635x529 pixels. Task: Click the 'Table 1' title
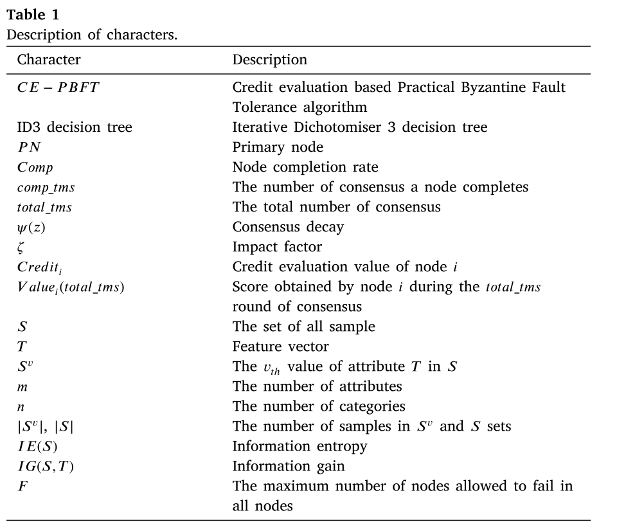(33, 15)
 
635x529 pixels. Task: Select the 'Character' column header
(49, 60)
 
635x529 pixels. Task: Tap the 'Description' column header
(270, 60)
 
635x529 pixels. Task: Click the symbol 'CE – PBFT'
(58, 87)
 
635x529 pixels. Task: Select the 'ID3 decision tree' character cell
(75, 127)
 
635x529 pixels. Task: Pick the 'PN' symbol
(29, 147)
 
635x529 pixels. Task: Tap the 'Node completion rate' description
(305, 167)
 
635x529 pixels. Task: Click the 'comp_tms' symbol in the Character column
(46, 188)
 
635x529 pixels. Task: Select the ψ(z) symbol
(31, 228)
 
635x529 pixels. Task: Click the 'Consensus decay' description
(288, 227)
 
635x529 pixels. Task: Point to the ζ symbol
(21, 247)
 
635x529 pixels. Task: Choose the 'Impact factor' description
(277, 247)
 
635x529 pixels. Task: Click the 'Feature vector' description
(280, 346)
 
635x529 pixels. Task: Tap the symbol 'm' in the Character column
(22, 387)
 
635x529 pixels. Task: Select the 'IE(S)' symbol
(37, 446)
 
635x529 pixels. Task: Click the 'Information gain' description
(289, 466)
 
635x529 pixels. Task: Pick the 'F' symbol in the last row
(22, 486)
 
